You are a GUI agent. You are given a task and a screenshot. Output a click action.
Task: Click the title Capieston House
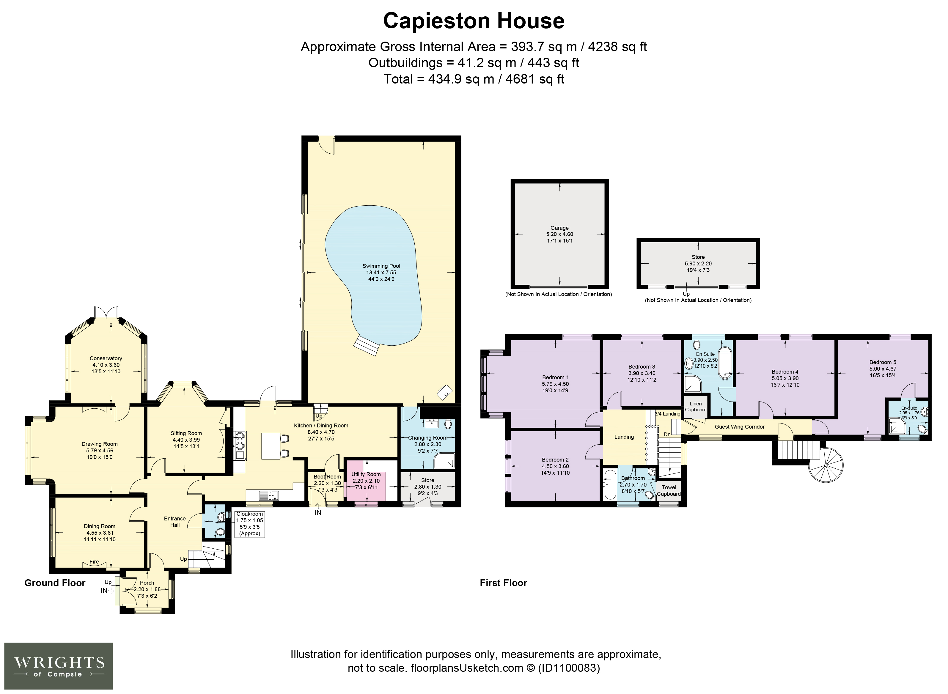474,21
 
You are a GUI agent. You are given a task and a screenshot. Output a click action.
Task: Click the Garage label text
559,228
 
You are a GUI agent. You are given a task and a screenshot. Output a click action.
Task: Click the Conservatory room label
106,358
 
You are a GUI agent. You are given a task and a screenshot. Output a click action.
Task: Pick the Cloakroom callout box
250,524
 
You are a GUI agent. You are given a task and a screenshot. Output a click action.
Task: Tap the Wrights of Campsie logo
58,666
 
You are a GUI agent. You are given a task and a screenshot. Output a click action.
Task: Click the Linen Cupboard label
695,407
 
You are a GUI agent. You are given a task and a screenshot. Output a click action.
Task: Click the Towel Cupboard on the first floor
669,491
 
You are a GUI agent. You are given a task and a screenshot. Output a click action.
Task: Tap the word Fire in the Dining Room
94,562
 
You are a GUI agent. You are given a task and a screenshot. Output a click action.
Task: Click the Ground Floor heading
55,583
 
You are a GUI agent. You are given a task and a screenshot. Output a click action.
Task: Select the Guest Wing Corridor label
740,427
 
